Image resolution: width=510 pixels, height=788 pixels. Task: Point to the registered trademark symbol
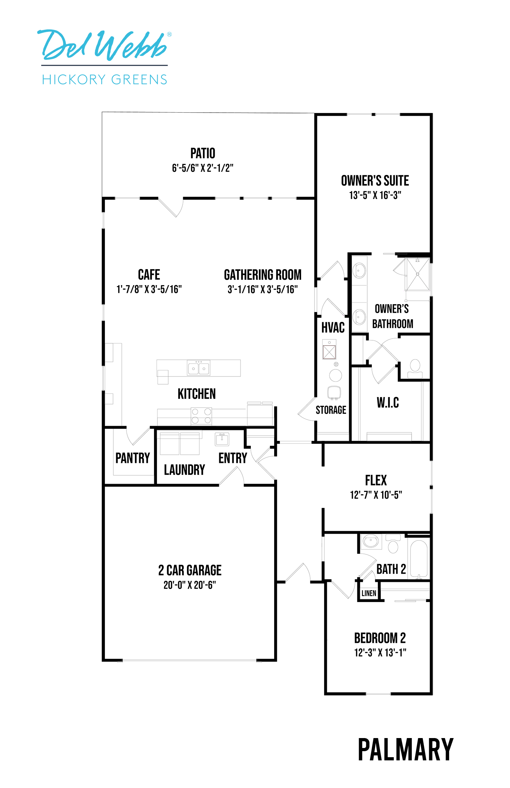(169, 34)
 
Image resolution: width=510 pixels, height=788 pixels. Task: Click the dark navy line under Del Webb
(104, 65)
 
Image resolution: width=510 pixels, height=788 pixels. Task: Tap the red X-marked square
(329, 352)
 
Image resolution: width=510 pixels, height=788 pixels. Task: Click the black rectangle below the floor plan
(406, 749)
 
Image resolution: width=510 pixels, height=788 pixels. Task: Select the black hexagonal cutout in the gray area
(199, 393)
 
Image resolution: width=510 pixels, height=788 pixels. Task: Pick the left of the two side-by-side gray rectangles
(359, 128)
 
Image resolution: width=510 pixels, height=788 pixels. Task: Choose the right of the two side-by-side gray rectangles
(387, 128)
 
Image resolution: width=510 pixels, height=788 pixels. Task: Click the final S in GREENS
(163, 79)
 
